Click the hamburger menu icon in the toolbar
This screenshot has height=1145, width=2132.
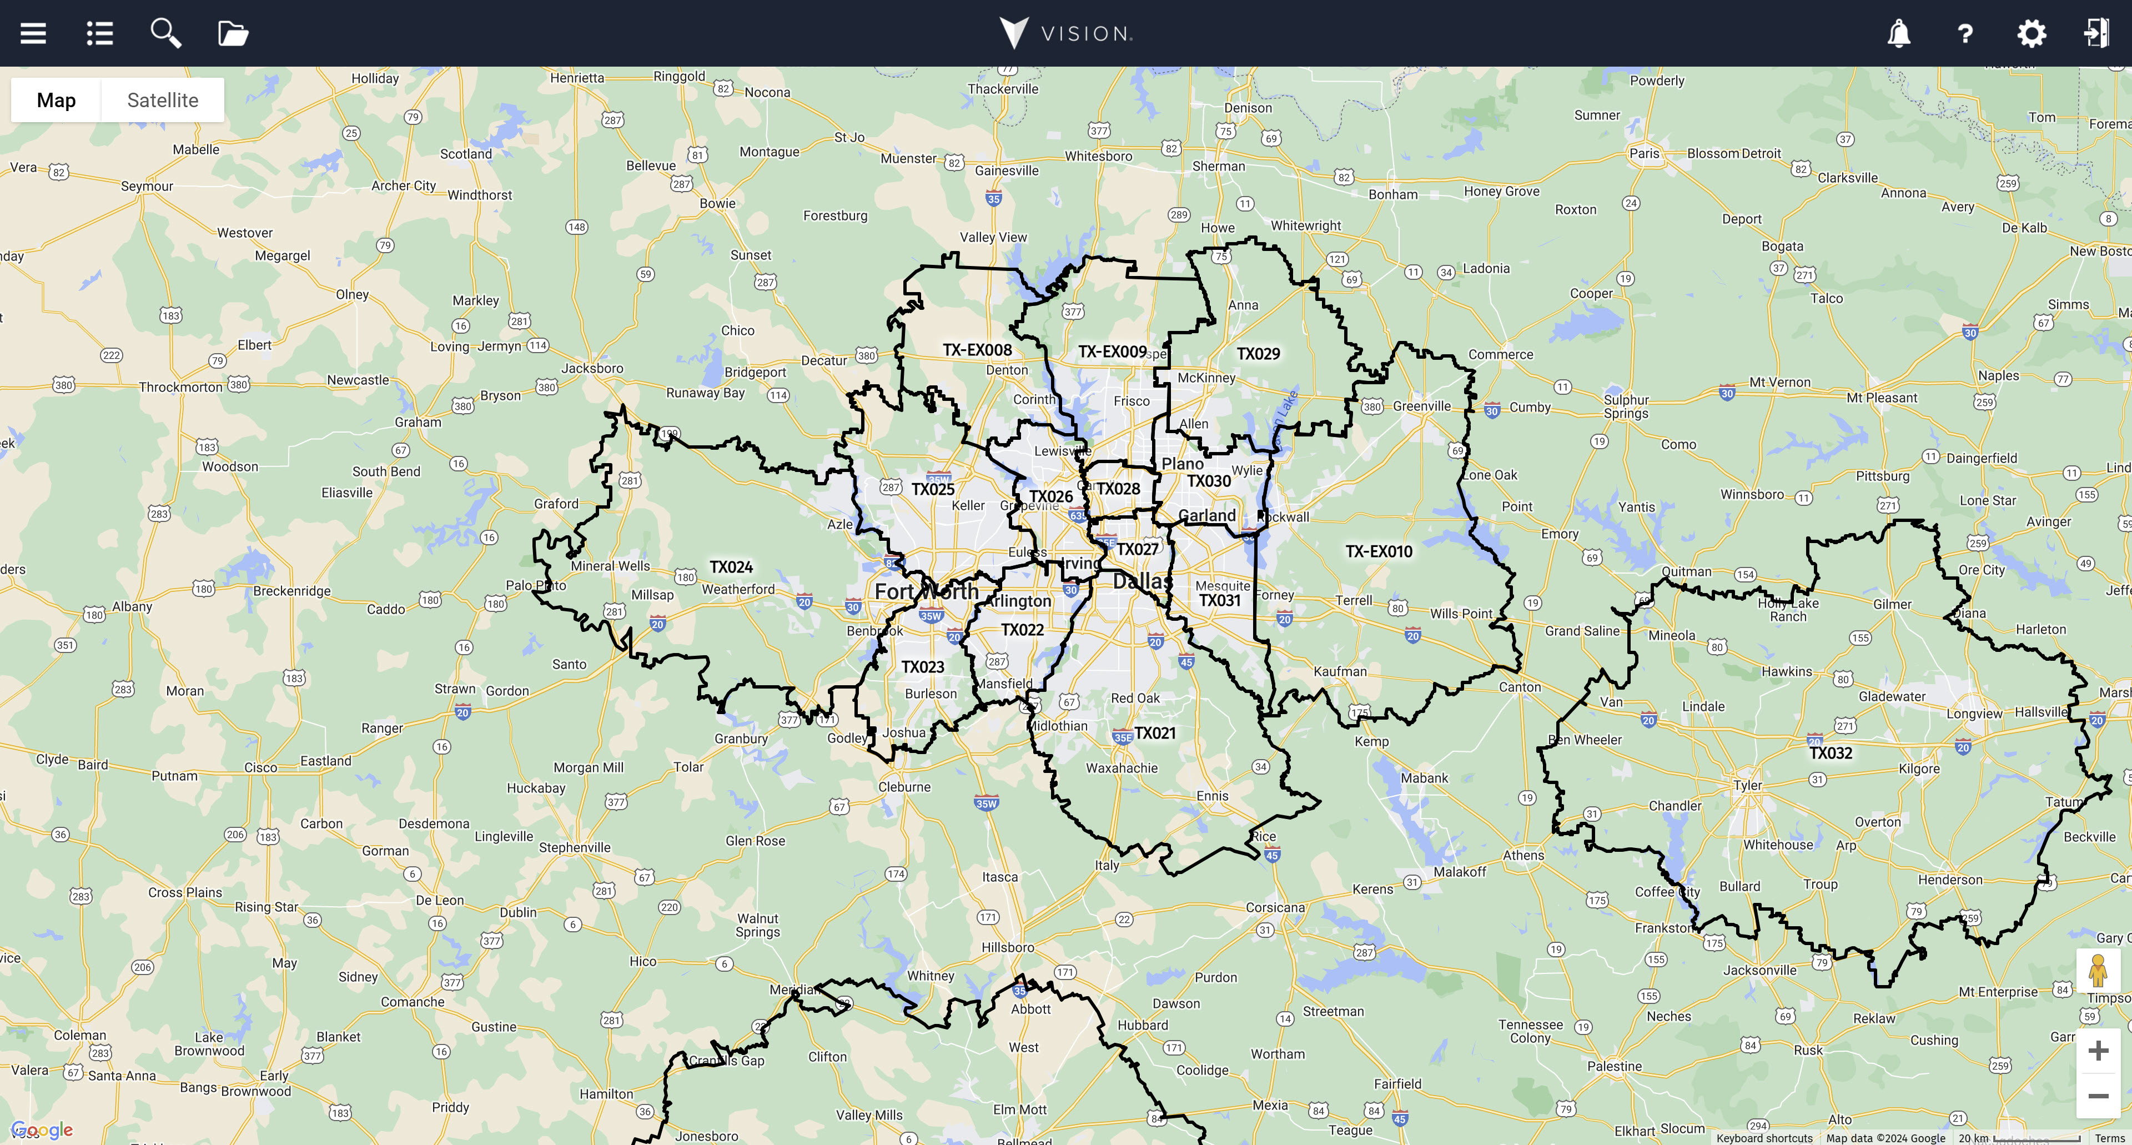click(x=33, y=34)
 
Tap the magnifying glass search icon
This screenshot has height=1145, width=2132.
click(x=165, y=34)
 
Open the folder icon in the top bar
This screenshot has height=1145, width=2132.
click(x=233, y=34)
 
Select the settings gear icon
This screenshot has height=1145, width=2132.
click(x=2031, y=34)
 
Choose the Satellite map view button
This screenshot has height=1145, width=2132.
click(x=162, y=100)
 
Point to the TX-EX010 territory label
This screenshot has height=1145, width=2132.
click(x=1379, y=551)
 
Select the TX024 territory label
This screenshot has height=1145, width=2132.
click(x=731, y=567)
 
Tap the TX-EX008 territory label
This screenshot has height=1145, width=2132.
click(x=977, y=350)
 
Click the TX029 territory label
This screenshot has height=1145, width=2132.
click(x=1258, y=354)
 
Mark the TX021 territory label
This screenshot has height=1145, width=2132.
click(x=1155, y=734)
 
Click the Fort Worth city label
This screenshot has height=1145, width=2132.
click(x=926, y=591)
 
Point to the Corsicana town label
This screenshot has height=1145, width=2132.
click(x=1275, y=907)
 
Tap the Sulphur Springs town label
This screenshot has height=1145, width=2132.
click(x=1626, y=406)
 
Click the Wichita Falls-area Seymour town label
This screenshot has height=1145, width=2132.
click(x=147, y=186)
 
